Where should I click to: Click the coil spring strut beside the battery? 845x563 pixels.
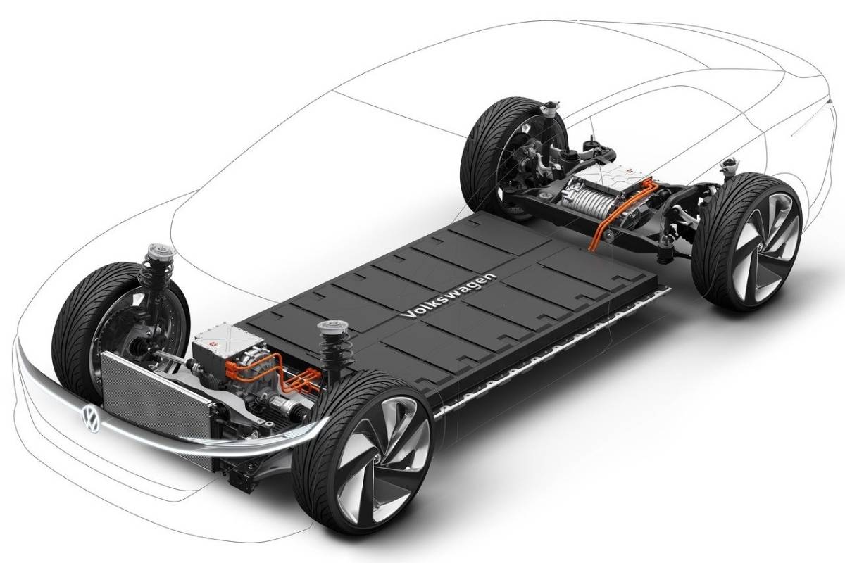328,352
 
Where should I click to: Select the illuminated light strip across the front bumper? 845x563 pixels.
211,440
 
